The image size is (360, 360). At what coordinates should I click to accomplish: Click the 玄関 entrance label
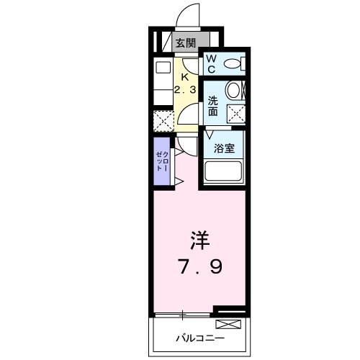click(185, 42)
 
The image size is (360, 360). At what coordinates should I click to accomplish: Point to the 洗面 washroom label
click(214, 107)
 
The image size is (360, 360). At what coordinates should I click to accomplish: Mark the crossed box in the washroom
click(235, 112)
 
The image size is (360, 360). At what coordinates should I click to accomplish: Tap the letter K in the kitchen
click(185, 77)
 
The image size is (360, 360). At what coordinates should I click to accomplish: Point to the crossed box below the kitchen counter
click(163, 120)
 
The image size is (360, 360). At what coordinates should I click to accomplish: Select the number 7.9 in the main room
click(199, 266)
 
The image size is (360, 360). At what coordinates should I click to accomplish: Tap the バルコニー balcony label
click(200, 338)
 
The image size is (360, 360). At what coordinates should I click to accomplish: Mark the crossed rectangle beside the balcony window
click(230, 312)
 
